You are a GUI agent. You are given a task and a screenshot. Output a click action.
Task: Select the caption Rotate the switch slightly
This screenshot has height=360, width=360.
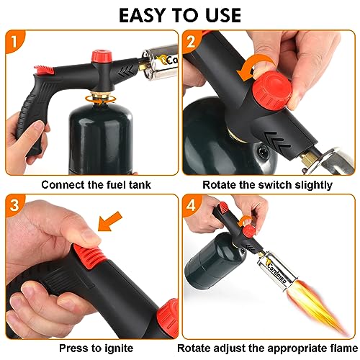pos(268,184)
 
